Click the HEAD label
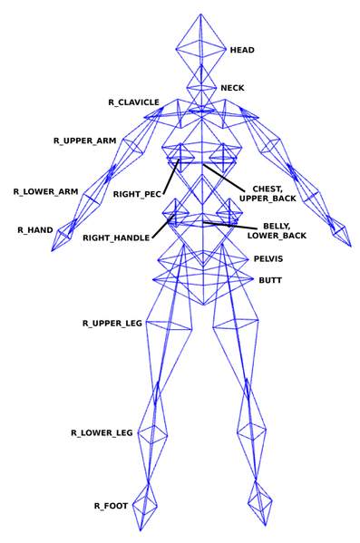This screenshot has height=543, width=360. tap(242, 50)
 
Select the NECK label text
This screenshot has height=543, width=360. tap(232, 89)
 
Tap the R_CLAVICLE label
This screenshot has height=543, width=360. tap(133, 102)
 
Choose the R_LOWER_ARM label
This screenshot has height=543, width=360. tap(45, 191)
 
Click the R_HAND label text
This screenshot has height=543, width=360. tap(34, 230)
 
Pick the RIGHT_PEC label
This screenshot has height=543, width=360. tap(137, 194)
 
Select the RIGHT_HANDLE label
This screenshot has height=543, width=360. tap(116, 238)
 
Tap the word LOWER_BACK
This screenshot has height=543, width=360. tap(277, 236)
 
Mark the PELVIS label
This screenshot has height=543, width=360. tap(268, 258)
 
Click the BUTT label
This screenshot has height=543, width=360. tap(270, 280)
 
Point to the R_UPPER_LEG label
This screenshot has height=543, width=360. tap(112, 323)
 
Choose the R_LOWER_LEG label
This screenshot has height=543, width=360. tap(102, 433)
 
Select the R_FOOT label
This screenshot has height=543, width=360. tap(111, 505)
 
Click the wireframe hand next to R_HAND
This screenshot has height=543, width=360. tap(64, 236)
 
